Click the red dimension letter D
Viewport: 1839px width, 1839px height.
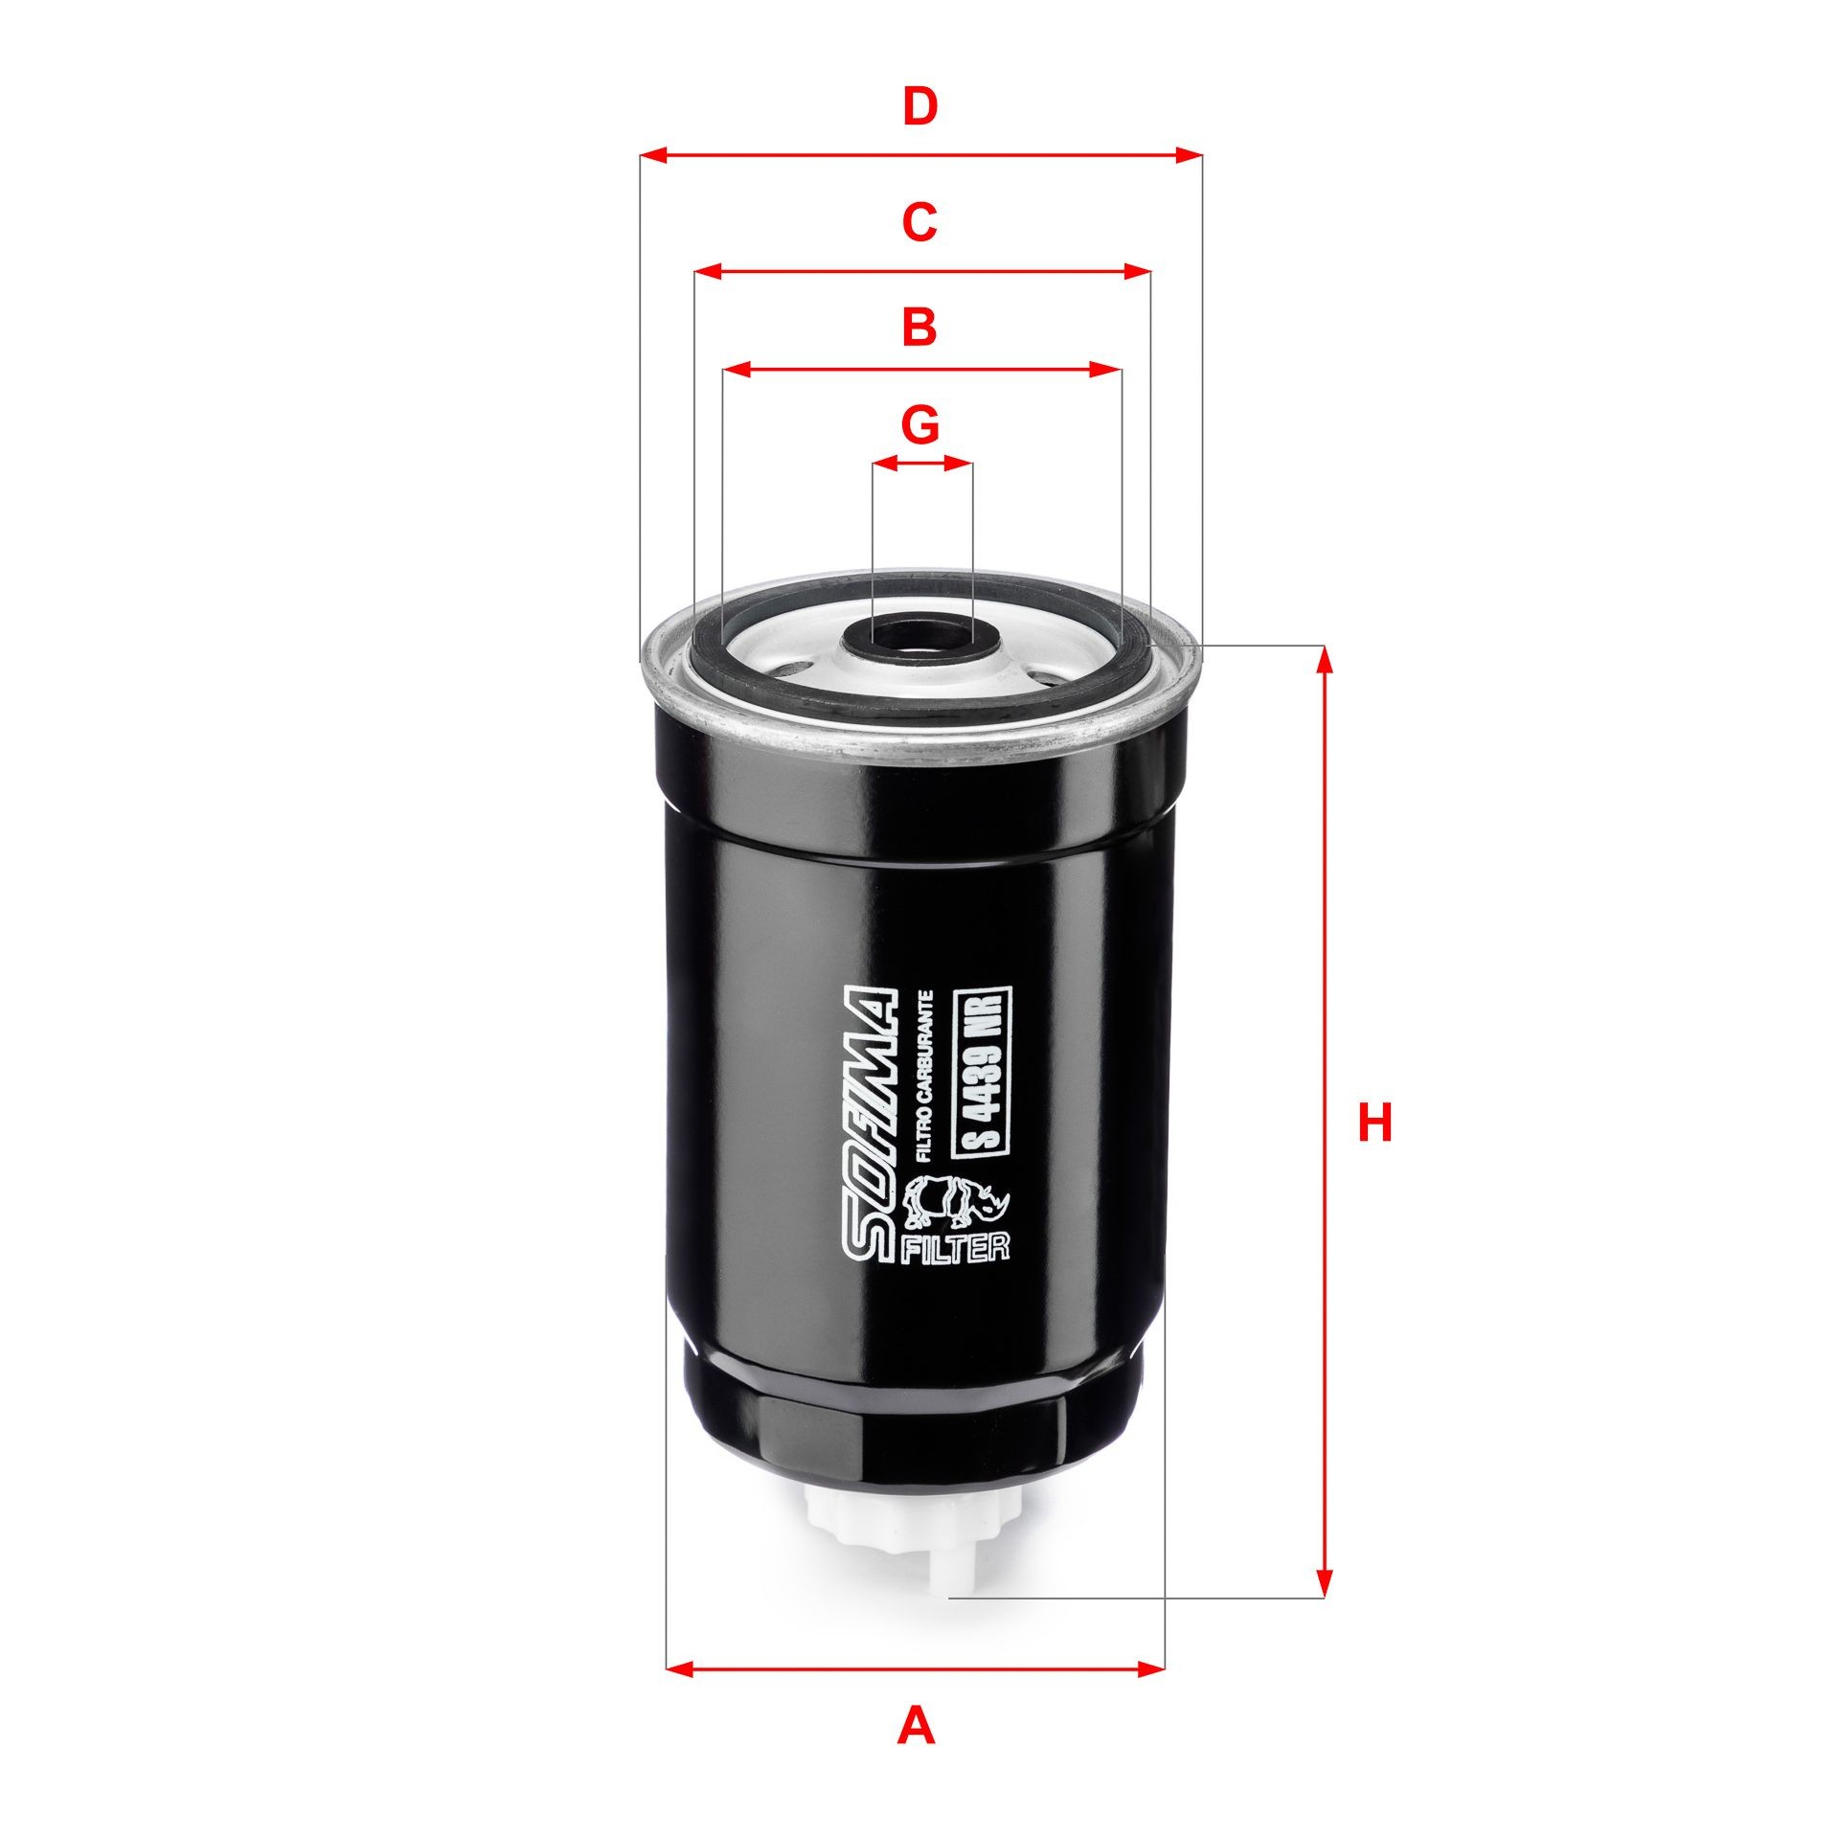point(919,107)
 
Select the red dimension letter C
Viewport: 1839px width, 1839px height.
point(919,222)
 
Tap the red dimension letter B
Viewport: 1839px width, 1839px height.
point(919,327)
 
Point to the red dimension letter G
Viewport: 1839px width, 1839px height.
point(920,424)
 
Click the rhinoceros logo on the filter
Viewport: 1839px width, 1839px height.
point(958,1215)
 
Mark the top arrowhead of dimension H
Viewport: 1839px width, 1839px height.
point(1324,655)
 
